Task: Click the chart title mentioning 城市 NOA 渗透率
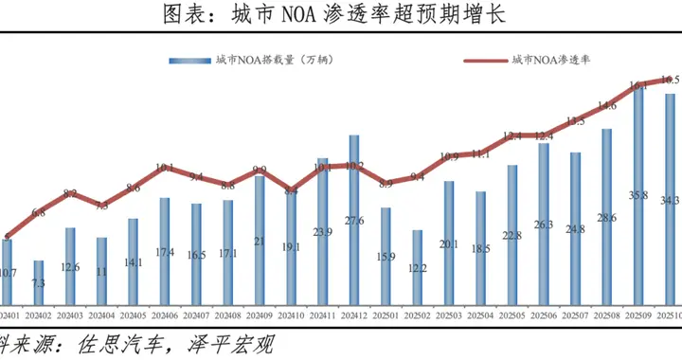[341, 16]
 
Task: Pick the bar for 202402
[39, 278]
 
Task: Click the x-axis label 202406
[165, 314]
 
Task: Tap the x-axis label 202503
[449, 314]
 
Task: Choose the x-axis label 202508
[607, 314]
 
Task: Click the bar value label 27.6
[354, 221]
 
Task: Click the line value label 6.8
[39, 212]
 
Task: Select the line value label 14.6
[607, 105]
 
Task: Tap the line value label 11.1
[480, 153]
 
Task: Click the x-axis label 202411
[323, 314]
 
